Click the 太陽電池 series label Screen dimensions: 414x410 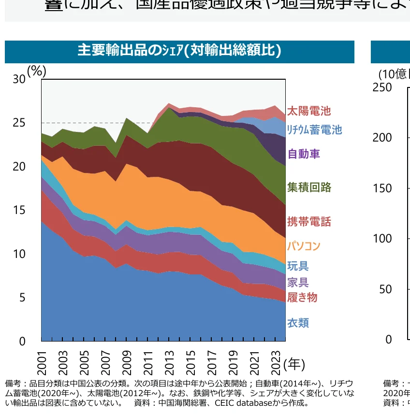[309, 111]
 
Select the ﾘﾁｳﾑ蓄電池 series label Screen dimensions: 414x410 [314, 129]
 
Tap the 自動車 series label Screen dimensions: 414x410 [304, 154]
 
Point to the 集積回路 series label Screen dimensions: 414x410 [309, 187]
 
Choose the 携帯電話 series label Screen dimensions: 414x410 [309, 222]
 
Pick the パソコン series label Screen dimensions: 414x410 [304, 246]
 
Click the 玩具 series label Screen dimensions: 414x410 [298, 266]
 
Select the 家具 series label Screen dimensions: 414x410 [298, 282]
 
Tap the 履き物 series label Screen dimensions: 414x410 [302, 297]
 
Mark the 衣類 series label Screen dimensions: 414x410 [298, 323]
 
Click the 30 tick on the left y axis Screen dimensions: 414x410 [19, 79]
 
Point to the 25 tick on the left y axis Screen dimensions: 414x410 [19, 123]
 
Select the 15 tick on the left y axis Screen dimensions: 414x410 [19, 210]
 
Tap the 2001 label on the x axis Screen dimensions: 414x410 [42, 362]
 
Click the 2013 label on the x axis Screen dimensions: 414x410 [170, 362]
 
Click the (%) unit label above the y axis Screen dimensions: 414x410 [37, 71]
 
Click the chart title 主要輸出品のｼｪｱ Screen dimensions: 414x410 [179, 51]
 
